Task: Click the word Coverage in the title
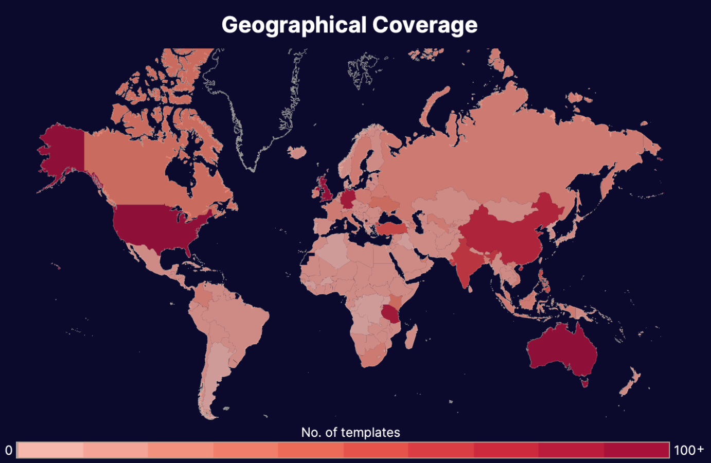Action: [424, 25]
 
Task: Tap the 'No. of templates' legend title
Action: [350, 432]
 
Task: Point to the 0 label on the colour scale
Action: [8, 450]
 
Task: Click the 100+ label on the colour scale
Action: [688, 450]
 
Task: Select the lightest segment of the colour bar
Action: [50, 450]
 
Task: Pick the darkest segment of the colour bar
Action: [636, 450]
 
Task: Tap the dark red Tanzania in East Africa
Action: [392, 312]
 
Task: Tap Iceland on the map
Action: [297, 152]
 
